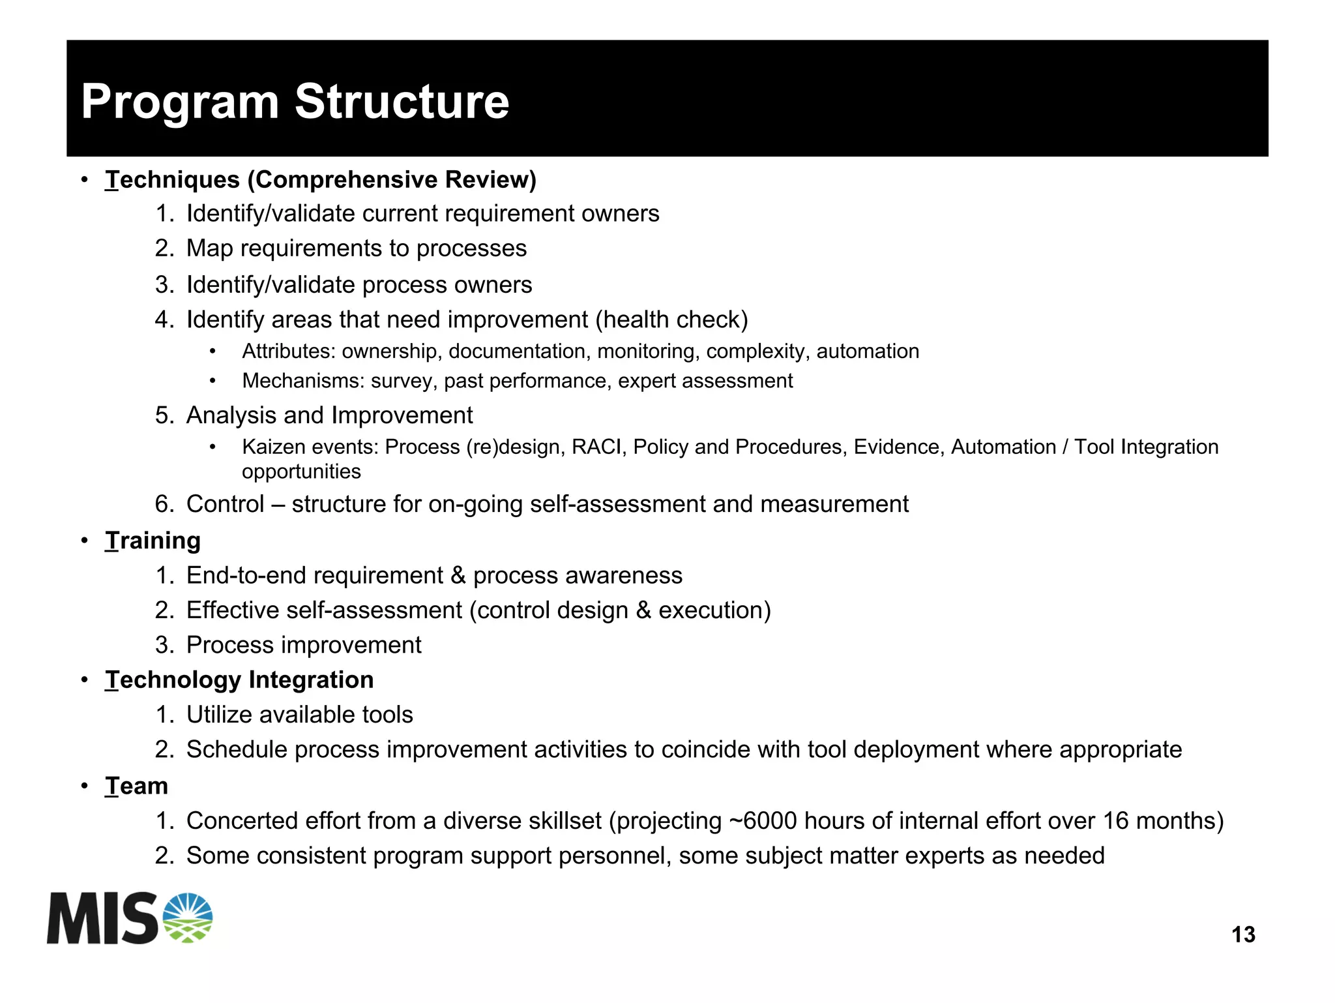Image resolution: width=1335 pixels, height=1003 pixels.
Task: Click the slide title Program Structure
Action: [295, 102]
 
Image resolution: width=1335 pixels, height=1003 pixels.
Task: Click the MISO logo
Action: [130, 918]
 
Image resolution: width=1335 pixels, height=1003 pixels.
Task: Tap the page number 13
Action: [1243, 935]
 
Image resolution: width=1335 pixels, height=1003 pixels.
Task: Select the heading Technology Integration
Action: [239, 680]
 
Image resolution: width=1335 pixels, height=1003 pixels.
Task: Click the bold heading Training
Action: [153, 541]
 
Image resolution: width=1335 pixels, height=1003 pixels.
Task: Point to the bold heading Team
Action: [136, 786]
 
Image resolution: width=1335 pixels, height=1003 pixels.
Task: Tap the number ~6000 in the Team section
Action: [763, 821]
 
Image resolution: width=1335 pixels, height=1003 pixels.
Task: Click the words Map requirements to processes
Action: [356, 248]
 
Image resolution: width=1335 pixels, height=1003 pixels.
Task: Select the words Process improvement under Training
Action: [304, 645]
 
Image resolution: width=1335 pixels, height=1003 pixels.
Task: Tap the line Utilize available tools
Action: [299, 715]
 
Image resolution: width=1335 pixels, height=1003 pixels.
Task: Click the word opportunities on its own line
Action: [301, 472]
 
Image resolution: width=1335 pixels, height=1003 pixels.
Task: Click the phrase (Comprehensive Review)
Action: [392, 180]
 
